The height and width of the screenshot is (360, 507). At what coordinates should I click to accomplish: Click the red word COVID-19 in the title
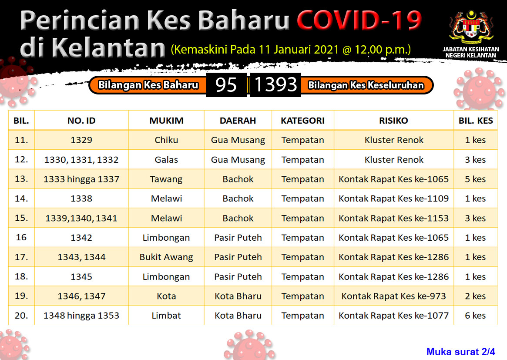359,20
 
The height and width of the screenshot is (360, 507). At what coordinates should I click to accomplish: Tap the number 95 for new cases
226,85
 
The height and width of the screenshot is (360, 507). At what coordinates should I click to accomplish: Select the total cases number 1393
275,85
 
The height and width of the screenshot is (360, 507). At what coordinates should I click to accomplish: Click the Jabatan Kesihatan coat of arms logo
471,28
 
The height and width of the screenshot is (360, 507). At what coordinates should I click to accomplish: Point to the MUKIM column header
166,121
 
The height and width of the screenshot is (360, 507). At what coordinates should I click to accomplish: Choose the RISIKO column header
393,121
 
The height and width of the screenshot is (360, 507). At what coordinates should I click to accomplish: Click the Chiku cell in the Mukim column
166,140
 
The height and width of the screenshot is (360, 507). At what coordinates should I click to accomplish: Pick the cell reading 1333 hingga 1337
81,179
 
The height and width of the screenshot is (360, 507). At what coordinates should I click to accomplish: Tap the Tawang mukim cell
166,179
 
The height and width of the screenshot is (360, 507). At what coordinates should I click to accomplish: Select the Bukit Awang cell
166,257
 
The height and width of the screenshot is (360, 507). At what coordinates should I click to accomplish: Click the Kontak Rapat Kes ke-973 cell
393,296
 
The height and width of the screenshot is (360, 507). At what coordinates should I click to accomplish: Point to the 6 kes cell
475,315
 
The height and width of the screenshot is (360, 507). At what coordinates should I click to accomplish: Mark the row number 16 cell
21,237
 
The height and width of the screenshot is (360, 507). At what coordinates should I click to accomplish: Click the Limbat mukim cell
166,315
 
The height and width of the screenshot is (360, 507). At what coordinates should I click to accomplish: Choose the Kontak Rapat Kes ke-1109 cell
393,199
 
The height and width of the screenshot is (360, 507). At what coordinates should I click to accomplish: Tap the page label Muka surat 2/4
461,352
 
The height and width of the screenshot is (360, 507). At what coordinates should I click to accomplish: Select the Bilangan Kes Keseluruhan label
366,85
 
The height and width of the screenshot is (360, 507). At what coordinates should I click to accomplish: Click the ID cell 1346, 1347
81,296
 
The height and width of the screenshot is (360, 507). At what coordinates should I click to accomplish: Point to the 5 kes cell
475,179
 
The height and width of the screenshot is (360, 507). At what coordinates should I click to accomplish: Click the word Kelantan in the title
108,48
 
